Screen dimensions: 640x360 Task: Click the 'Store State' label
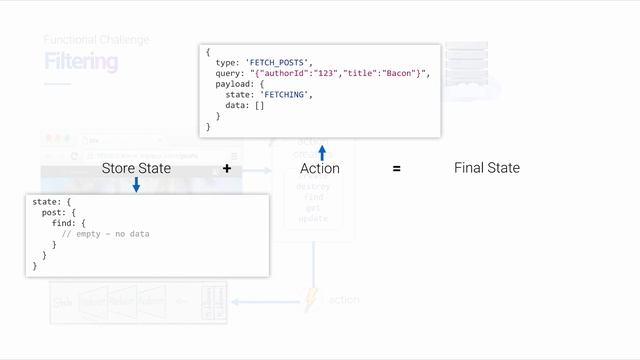tap(136, 168)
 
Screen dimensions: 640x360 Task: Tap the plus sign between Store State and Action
tap(227, 169)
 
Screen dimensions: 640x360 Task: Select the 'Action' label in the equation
tap(320, 168)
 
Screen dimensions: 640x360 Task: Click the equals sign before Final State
tap(397, 169)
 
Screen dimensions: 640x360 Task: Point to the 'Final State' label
tap(487, 168)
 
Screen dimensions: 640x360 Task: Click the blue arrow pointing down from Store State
tap(136, 184)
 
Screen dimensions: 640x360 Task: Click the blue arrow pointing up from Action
tap(322, 152)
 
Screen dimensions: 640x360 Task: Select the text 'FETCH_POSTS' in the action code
tap(283, 62)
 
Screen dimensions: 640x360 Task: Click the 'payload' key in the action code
tap(233, 84)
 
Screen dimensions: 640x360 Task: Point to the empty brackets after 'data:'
tap(259, 105)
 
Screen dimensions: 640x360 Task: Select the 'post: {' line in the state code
tap(58, 212)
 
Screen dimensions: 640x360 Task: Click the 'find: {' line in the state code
tap(69, 223)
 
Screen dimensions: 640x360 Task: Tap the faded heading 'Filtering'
tap(80, 62)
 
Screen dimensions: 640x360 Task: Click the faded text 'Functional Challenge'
tap(96, 40)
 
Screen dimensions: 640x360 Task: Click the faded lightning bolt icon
tap(311, 300)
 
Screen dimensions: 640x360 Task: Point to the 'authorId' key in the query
tap(293, 73)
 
